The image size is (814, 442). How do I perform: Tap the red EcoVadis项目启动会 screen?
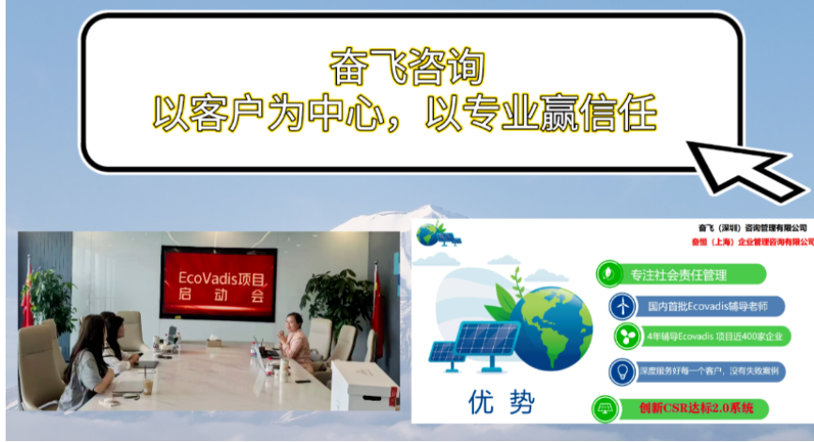pyautogui.click(x=217, y=283)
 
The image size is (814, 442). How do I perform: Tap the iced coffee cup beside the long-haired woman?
pyautogui.click(x=147, y=385)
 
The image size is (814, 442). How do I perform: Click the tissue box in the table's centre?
pyautogui.click(x=214, y=343)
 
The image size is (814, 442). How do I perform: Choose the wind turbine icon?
pyautogui.click(x=621, y=306)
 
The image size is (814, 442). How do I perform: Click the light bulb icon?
pyautogui.click(x=621, y=371)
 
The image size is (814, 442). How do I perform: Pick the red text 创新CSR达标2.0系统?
pyautogui.click(x=697, y=409)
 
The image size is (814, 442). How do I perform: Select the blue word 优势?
pyautogui.click(x=500, y=404)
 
